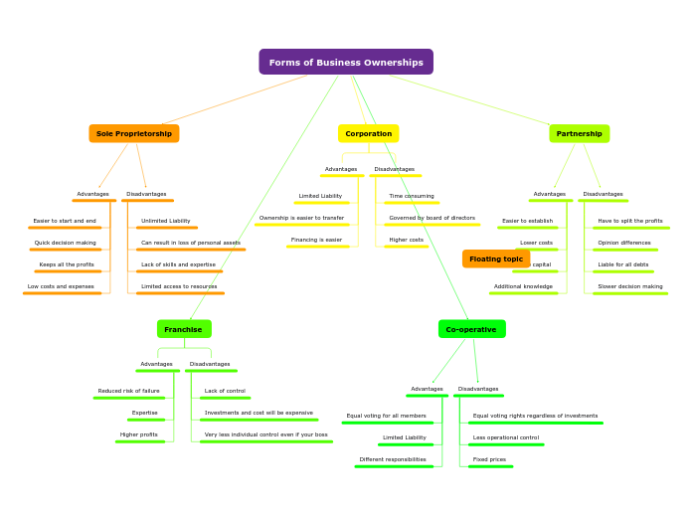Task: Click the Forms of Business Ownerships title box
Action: (x=346, y=63)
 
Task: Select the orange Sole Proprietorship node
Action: (x=134, y=133)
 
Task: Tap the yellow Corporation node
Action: (x=368, y=133)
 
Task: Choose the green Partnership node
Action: (x=579, y=133)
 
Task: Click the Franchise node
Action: (x=183, y=329)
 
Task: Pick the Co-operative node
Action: (x=471, y=329)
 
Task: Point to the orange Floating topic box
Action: (x=496, y=258)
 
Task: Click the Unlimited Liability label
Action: (x=166, y=221)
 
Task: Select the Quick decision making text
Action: (x=66, y=243)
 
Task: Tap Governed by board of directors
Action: (x=432, y=218)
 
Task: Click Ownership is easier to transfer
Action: (x=301, y=218)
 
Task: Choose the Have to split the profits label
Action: (x=630, y=221)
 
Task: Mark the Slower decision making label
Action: (x=630, y=286)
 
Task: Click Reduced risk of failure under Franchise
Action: (x=128, y=391)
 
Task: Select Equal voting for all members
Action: (x=386, y=416)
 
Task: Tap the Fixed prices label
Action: (x=489, y=459)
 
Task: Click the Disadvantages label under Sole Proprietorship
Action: (x=146, y=194)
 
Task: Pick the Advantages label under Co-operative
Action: (x=427, y=389)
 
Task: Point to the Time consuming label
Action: (x=412, y=196)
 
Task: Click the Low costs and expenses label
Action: (x=61, y=286)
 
